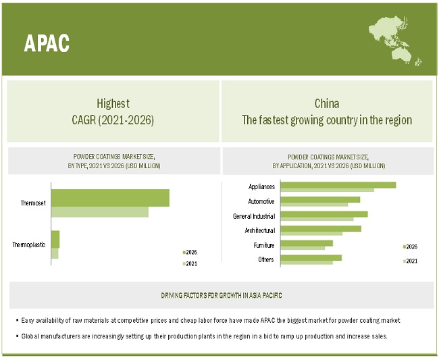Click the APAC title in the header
click(47, 43)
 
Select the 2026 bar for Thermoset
click(110, 198)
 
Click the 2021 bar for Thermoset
click(99, 212)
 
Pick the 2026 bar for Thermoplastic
click(55, 239)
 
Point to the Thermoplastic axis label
click(29, 245)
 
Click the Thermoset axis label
click(34, 203)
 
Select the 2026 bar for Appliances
click(338, 184)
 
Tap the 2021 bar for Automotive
click(314, 205)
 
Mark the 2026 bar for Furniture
click(307, 243)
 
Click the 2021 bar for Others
click(307, 262)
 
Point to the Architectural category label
click(260, 230)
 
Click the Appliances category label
click(261, 186)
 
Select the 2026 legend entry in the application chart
click(411, 247)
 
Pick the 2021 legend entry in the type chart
click(190, 263)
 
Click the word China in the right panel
click(327, 104)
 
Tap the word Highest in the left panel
click(113, 104)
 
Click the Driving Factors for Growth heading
click(222, 296)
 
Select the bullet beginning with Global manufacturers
click(202, 336)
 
